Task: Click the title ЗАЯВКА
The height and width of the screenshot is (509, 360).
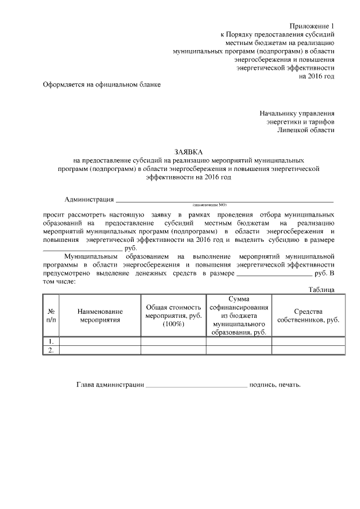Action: (x=189, y=152)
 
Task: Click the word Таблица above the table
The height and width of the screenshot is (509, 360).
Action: (x=322, y=289)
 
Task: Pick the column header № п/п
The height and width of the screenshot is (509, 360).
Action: (x=51, y=315)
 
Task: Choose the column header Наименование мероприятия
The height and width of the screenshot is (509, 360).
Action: (x=100, y=315)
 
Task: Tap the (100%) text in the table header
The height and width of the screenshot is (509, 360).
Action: (x=173, y=325)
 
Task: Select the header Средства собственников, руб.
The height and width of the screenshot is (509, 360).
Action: (x=308, y=315)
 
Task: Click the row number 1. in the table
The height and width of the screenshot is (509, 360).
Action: (x=51, y=341)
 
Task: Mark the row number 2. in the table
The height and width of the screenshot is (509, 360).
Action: (x=51, y=350)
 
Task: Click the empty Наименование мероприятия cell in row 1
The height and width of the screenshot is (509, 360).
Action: (x=100, y=341)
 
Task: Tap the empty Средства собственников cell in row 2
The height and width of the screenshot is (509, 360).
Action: (x=308, y=350)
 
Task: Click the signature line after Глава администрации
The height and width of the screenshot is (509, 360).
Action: (x=196, y=386)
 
